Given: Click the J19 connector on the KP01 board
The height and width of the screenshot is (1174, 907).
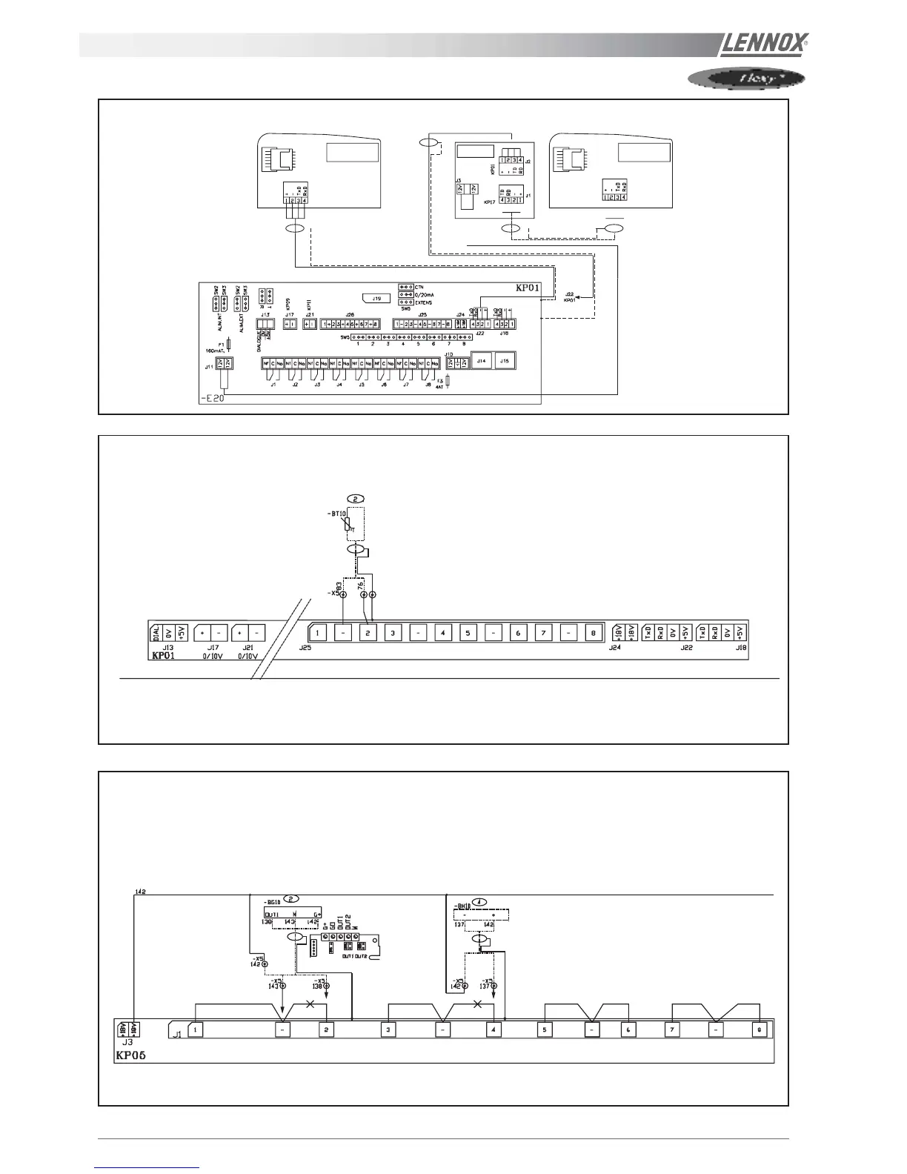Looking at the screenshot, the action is (376, 299).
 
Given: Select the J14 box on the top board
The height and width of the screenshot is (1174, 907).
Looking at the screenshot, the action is (482, 361).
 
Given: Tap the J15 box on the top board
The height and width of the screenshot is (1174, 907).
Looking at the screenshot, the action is (505, 361).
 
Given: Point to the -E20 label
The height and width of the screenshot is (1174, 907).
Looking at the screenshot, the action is (213, 398).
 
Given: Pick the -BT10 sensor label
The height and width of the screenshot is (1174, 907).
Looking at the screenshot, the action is (338, 513).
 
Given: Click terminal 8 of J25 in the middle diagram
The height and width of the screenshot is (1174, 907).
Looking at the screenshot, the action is (593, 633).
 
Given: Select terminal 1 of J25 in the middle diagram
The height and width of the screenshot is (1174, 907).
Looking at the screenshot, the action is (317, 633).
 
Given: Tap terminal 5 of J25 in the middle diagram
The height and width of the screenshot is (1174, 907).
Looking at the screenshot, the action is (468, 633).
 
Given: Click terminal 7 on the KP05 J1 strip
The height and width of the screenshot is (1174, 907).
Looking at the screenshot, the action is (672, 1029).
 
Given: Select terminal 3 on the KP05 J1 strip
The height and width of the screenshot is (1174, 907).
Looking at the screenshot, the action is (389, 1029).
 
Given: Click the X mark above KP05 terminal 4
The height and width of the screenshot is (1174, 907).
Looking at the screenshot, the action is (477, 1005).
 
